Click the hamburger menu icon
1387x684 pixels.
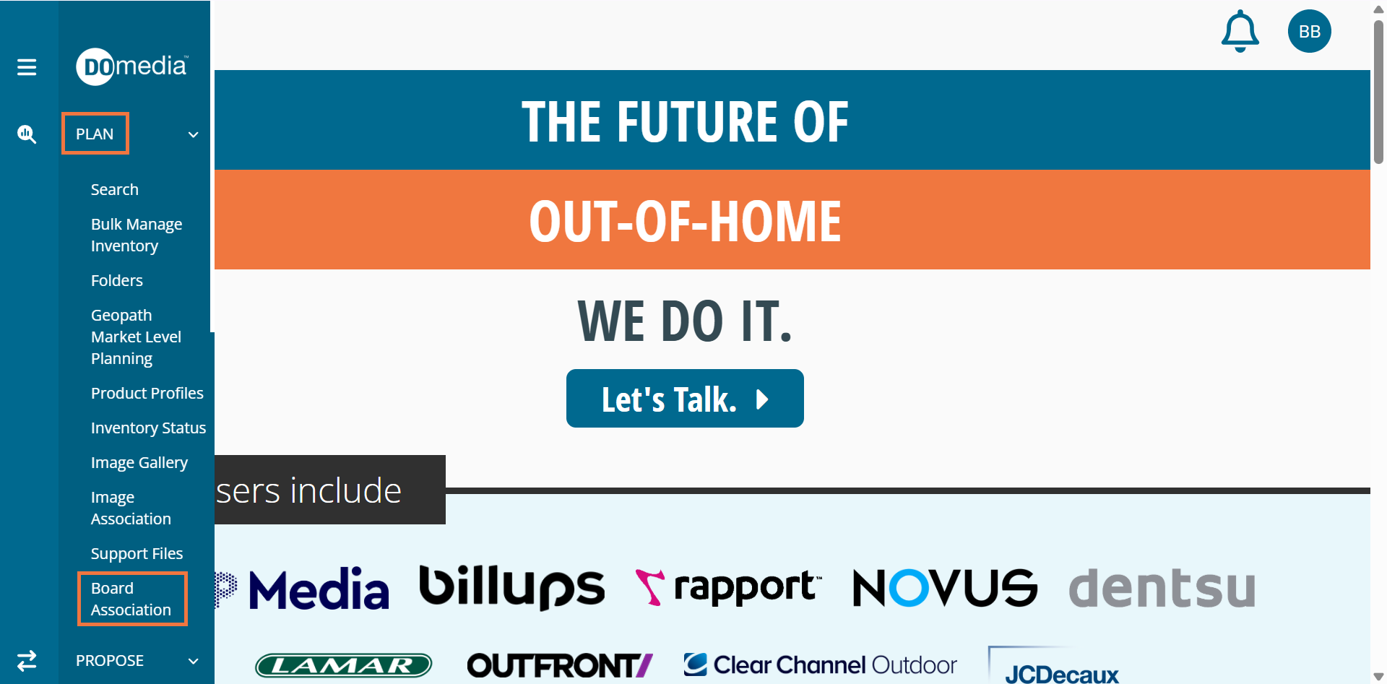[27, 67]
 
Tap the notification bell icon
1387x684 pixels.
[1240, 31]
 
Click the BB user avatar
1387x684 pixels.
[1309, 31]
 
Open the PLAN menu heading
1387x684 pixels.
[95, 134]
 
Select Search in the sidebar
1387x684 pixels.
[115, 189]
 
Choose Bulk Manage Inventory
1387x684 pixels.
[137, 235]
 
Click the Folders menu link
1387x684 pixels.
[117, 280]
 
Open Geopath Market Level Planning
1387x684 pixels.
[136, 337]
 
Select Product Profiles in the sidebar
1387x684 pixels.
[147, 393]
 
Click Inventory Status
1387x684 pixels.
[148, 428]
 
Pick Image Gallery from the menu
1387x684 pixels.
[139, 462]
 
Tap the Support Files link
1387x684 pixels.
[137, 553]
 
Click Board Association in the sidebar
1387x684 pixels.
[131, 599]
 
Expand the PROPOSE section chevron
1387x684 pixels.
[193, 661]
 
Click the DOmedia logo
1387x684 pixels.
[132, 66]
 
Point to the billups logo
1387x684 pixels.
[512, 586]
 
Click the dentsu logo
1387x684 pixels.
[1162, 586]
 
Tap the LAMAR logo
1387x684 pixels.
[344, 665]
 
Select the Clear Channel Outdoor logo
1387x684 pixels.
[820, 664]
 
